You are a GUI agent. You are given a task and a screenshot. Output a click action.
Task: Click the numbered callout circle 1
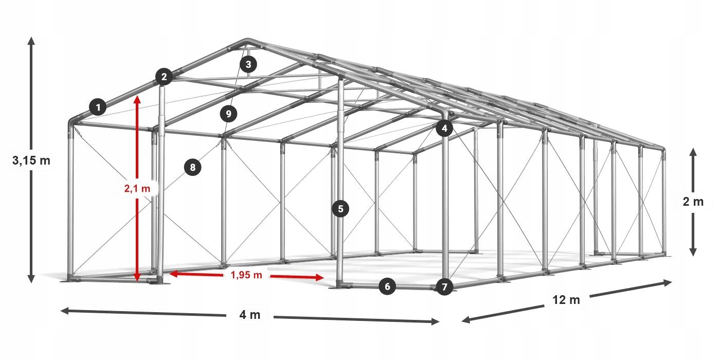(98, 107)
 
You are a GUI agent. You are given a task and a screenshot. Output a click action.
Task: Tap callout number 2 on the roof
(164, 77)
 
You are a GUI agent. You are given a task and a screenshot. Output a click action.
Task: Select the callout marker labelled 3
(248, 64)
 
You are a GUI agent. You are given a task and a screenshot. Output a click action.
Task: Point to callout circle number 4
(444, 129)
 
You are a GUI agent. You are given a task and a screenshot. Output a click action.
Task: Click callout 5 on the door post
(340, 209)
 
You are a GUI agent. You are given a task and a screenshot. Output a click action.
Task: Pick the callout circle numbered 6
(388, 286)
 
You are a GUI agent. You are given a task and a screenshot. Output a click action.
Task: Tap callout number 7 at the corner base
(444, 286)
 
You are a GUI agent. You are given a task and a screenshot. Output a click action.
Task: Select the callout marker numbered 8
(192, 167)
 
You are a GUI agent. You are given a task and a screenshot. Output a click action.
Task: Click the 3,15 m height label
(31, 160)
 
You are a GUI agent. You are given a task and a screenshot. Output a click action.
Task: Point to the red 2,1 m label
(137, 189)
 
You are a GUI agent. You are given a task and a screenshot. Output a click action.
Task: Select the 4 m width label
(250, 315)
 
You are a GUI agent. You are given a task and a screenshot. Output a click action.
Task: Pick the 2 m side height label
(693, 202)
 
